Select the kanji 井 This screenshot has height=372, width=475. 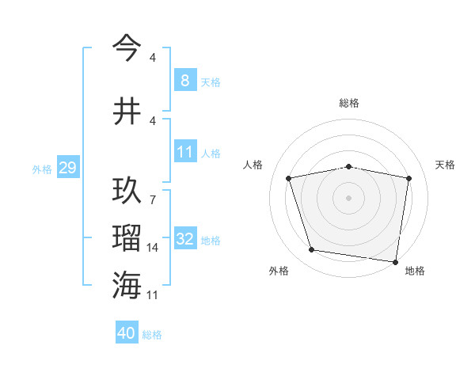click(127, 111)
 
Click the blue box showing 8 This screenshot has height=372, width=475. click(184, 81)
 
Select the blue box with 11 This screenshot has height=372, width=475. click(184, 152)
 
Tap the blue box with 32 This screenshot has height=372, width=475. click(185, 239)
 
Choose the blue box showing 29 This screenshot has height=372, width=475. click(67, 168)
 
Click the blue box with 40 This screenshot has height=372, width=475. click(127, 334)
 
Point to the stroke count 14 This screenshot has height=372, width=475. click(152, 248)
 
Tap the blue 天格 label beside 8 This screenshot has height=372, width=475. click(211, 82)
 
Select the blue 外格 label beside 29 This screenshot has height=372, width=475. click(42, 169)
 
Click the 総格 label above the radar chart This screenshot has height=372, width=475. click(349, 103)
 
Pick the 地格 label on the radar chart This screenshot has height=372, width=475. click(415, 271)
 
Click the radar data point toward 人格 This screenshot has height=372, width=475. click(290, 178)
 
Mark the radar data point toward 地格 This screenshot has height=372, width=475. click(394, 261)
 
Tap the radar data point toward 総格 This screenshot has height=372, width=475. click(349, 166)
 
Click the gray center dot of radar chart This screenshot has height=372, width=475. click(349, 197)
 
